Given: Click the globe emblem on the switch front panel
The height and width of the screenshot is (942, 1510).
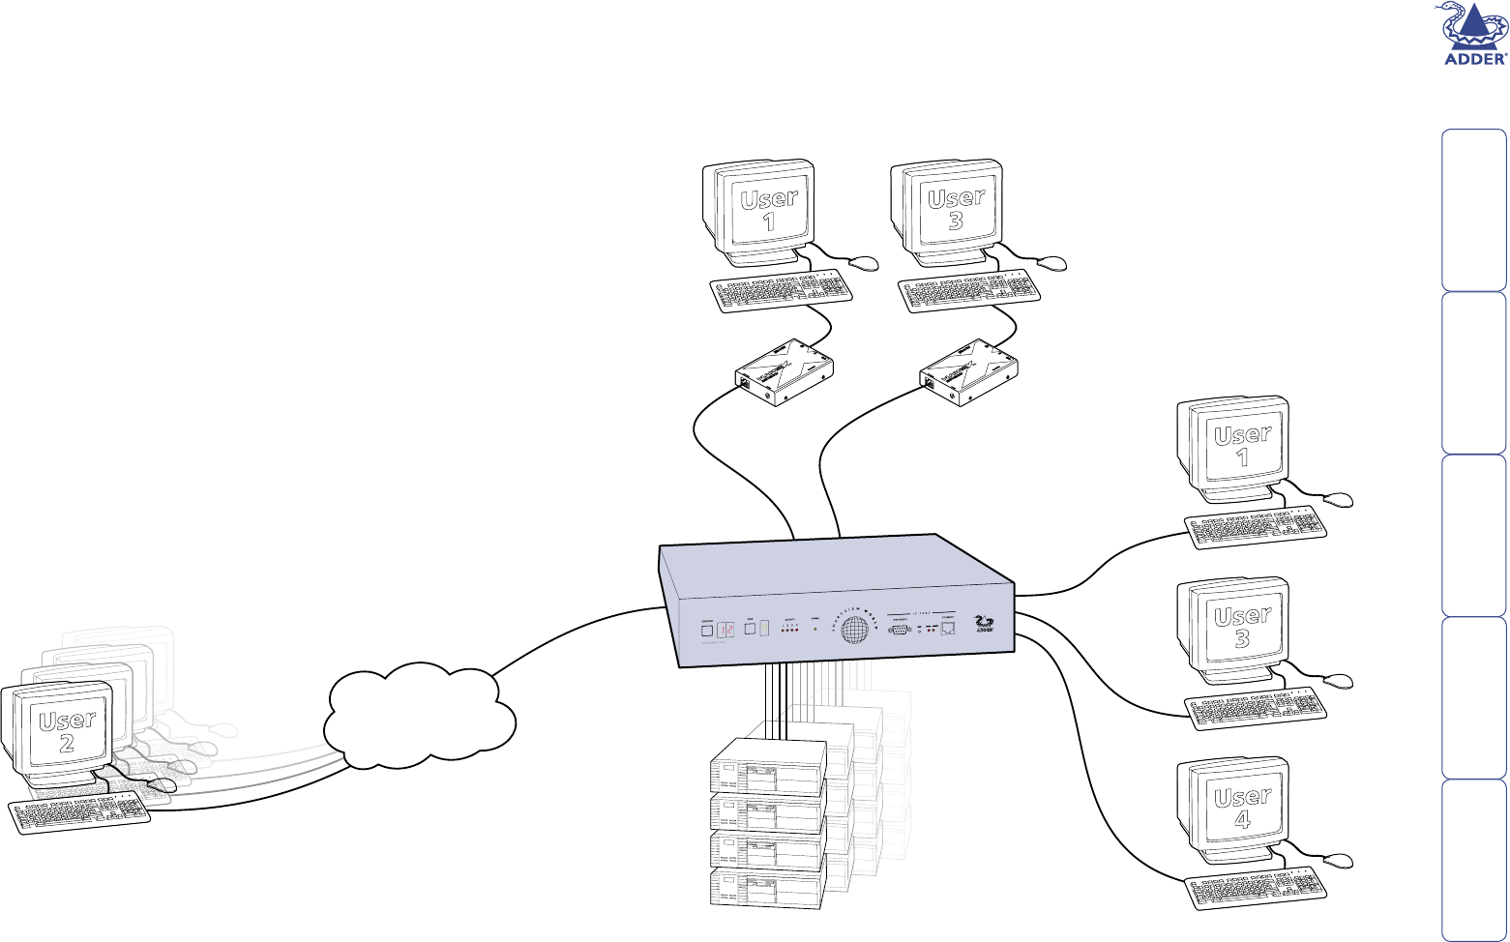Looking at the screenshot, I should [852, 631].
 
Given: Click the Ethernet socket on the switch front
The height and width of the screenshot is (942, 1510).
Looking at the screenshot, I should [948, 630].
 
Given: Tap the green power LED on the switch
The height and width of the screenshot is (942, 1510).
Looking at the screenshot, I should [815, 630].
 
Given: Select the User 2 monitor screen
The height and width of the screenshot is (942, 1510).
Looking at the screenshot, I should [66, 731].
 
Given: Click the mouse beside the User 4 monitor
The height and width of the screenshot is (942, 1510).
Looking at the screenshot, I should [1339, 861].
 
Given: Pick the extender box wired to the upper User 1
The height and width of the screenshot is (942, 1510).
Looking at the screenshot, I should [784, 373].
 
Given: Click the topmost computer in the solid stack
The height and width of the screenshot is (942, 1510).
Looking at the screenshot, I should [768, 767].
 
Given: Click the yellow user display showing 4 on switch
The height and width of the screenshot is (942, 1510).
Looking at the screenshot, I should [764, 630].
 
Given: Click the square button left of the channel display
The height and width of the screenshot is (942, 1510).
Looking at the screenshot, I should [707, 632].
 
